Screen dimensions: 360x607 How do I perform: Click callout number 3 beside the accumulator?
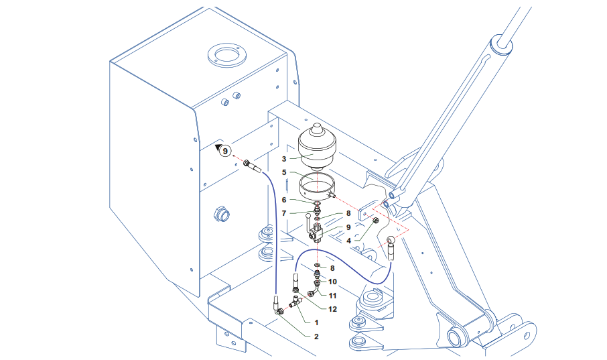coord(284,159)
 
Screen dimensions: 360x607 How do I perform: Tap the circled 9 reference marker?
coord(225,151)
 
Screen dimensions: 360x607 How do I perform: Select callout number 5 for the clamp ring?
coord(284,172)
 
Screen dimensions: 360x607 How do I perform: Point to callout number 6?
coord(284,199)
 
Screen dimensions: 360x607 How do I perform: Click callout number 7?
coord(284,213)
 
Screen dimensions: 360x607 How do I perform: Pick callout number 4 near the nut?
coord(348,240)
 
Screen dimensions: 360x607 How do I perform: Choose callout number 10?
coord(332,282)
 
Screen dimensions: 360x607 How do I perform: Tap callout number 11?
coord(332,294)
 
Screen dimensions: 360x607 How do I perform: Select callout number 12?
coord(332,308)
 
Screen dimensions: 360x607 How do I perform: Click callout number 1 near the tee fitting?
coord(316,322)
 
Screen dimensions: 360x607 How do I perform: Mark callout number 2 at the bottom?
coord(316,335)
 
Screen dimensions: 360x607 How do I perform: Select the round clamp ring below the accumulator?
coord(317,186)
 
